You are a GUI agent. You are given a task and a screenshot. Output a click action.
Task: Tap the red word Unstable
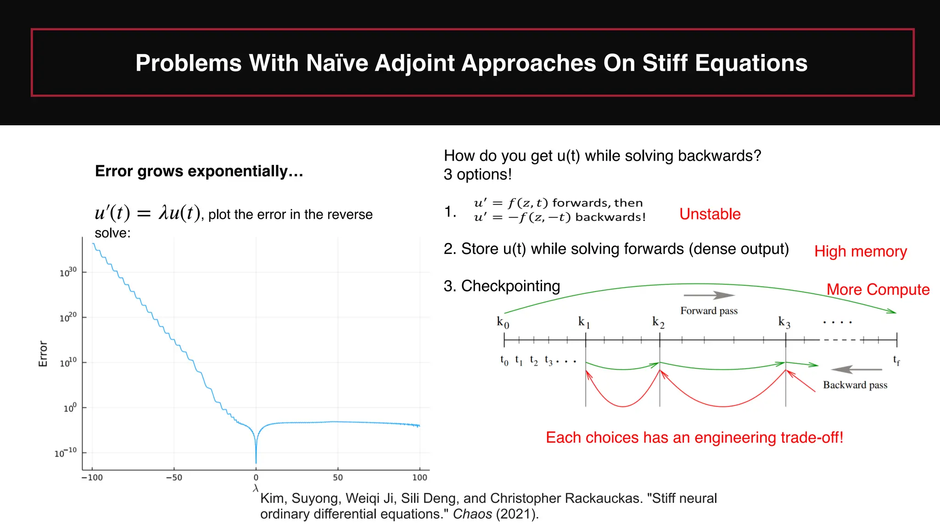click(x=710, y=214)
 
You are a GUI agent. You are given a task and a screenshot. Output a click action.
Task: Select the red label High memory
click(x=860, y=251)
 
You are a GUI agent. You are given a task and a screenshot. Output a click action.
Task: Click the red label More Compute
click(x=878, y=289)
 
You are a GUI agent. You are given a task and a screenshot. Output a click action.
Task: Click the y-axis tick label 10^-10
click(x=65, y=453)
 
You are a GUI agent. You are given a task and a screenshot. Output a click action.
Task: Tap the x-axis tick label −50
click(x=174, y=478)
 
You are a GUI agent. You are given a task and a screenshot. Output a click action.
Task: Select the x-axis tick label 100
click(x=420, y=478)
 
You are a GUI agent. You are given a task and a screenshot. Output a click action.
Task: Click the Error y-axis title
click(x=43, y=354)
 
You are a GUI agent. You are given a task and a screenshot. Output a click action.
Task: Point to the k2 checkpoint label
click(x=658, y=322)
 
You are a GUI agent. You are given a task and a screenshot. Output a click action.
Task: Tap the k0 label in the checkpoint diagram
click(x=503, y=322)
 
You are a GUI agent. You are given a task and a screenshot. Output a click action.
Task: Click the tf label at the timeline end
click(x=896, y=360)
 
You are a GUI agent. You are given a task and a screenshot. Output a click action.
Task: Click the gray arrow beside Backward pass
click(x=856, y=369)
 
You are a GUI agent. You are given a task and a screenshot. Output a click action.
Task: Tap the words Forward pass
click(x=709, y=311)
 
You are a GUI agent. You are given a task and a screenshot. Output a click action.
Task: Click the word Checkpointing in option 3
click(x=510, y=286)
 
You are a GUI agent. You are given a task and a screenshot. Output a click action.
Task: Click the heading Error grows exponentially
click(x=199, y=171)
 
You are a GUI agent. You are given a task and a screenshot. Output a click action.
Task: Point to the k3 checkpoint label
click(x=784, y=322)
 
